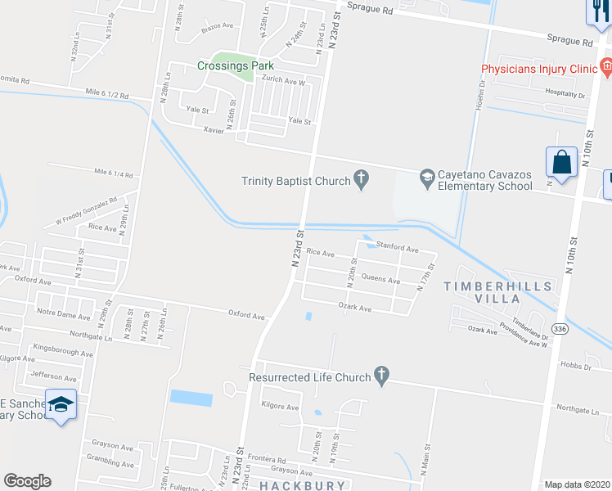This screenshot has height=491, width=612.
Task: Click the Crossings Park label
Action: pos(235,65)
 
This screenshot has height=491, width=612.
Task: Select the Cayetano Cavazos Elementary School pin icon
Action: pos(427,177)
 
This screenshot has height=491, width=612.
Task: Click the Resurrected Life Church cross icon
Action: pos(380,376)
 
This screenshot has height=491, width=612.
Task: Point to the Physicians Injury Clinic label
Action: pos(539,70)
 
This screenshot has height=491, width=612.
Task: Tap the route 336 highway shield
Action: pos(560,329)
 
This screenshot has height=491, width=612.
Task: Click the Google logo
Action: pos(27,481)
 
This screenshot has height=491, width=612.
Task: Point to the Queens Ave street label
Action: pos(380,280)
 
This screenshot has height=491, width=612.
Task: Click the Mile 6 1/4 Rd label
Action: pos(114,173)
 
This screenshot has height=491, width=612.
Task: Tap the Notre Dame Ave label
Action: pos(63,314)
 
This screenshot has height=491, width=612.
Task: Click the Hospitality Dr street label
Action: pos(565,95)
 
